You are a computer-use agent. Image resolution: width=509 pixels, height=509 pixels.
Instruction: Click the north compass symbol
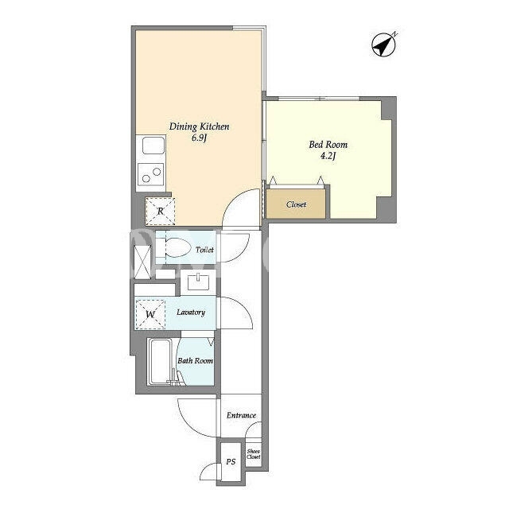tap(383, 45)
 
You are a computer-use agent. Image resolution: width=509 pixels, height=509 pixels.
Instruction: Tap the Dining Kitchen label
tap(199, 126)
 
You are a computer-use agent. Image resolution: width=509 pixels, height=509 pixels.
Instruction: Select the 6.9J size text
tap(199, 138)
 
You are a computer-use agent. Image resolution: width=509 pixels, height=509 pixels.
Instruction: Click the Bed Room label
tap(328, 145)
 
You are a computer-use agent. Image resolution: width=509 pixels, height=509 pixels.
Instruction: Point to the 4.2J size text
tap(328, 156)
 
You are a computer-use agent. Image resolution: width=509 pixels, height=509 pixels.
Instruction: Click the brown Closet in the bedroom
tap(296, 204)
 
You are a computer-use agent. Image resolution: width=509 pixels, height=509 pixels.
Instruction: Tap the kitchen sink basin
tap(153, 146)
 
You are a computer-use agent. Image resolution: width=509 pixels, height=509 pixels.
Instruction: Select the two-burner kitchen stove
tap(151, 174)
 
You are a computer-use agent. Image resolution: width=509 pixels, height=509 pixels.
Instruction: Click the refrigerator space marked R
tap(161, 212)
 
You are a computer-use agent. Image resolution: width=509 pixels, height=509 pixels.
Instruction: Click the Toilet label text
tap(204, 250)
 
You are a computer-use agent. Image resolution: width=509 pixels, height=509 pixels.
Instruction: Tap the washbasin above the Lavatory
tap(198, 282)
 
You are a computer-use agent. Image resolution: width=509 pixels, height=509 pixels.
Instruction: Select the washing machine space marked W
tap(150, 314)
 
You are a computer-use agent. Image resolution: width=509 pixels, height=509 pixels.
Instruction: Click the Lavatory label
tap(191, 313)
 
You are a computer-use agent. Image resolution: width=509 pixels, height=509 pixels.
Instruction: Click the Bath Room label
tap(195, 360)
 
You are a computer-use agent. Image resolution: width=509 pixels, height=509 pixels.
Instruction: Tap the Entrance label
tap(241, 415)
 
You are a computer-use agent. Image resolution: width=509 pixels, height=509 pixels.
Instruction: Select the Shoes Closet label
tap(253, 454)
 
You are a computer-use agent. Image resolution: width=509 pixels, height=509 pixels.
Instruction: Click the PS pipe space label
tap(231, 461)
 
